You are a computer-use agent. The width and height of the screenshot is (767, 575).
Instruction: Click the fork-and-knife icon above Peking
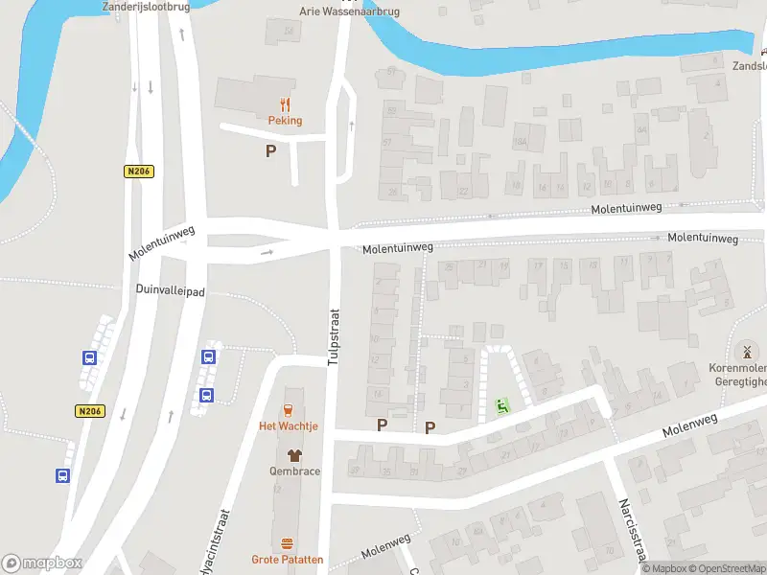285,104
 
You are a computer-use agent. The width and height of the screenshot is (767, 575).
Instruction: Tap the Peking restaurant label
285,121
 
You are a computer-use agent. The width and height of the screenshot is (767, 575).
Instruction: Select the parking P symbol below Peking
270,150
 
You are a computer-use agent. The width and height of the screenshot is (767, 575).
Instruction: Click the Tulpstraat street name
335,336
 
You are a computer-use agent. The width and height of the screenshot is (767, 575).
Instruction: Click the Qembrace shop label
294,471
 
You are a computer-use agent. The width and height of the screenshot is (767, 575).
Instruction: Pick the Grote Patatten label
288,560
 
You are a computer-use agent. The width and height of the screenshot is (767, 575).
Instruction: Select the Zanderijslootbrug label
147,6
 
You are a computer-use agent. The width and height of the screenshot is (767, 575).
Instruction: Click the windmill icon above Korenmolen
747,352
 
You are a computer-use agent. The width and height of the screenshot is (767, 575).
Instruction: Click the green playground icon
501,406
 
